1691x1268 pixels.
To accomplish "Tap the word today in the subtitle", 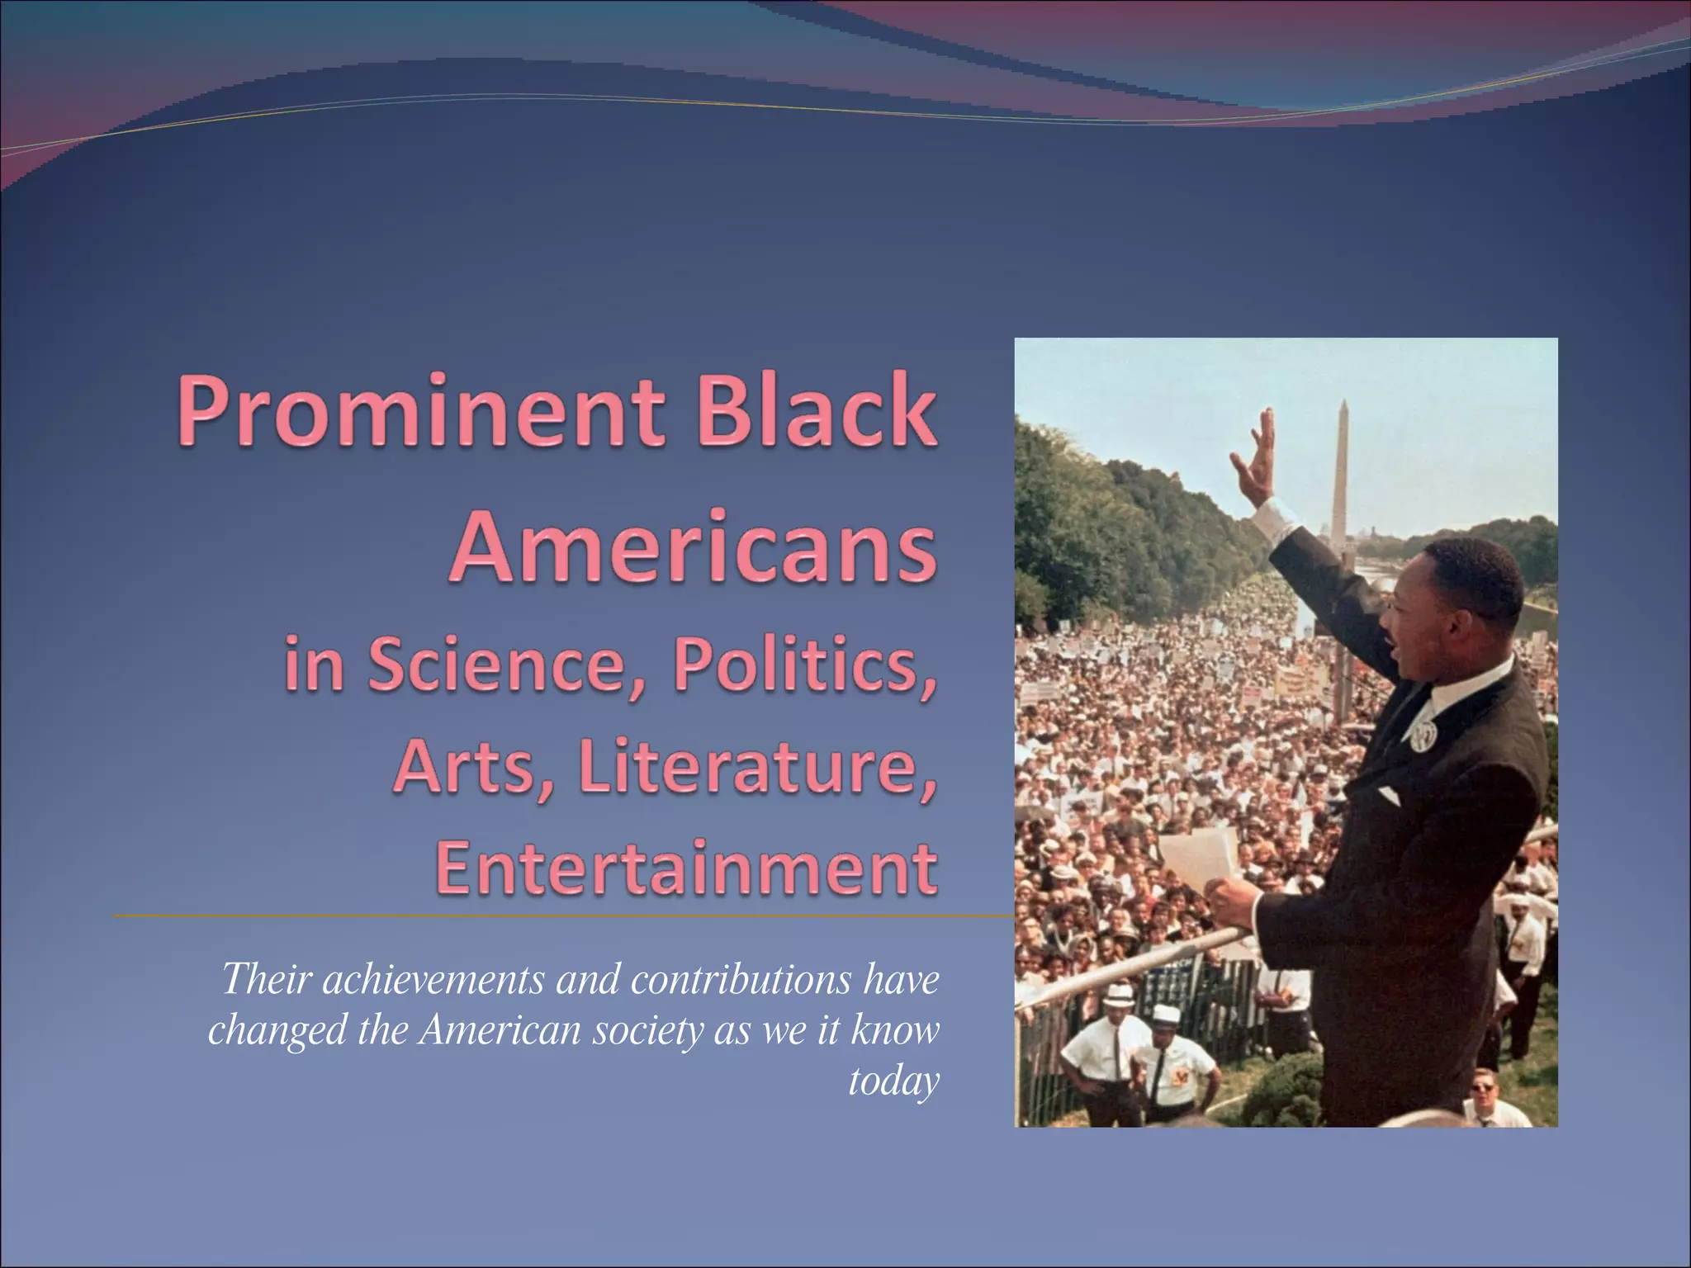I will [894, 1081].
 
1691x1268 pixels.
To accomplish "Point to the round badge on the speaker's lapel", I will [1419, 736].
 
